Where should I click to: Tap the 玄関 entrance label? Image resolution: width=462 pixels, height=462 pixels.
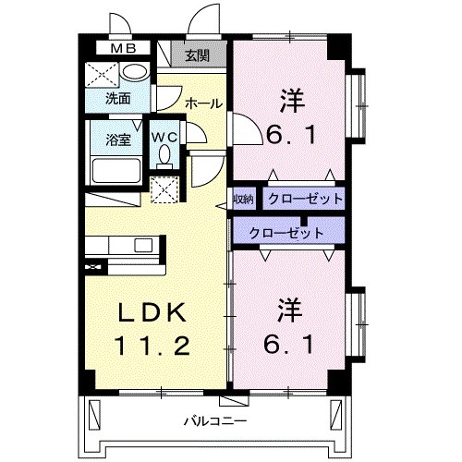pos(196,55)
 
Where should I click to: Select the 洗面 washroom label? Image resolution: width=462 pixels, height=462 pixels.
pos(116,97)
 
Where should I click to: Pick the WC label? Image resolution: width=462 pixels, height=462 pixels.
pos(164,136)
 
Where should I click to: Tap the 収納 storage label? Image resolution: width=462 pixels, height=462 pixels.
pos(243,199)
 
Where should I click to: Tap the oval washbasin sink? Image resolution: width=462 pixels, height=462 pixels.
pos(135,74)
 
